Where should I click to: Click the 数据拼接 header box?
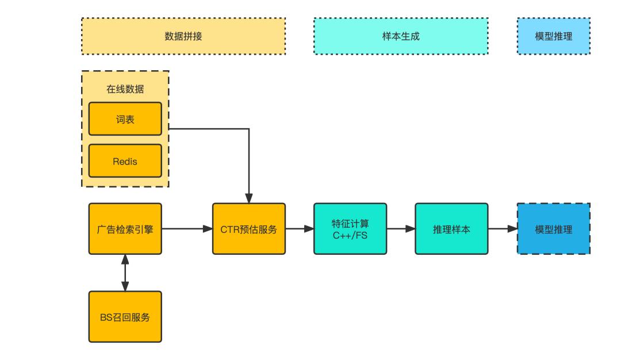coord(183,36)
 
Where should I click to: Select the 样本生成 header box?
coord(401,36)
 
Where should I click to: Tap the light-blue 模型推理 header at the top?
coord(553,36)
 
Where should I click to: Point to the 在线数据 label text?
coord(125,89)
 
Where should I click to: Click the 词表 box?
coord(125,118)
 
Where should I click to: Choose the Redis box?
coord(125,160)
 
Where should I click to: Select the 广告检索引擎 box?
coord(125,228)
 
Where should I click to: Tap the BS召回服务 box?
coord(125,316)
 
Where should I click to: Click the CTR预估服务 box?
coord(248,228)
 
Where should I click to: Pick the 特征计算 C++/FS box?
coord(350,228)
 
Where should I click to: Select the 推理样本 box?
coord(451,228)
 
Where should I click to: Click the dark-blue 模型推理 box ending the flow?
coord(553,228)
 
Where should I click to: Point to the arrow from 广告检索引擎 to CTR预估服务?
coord(187,228)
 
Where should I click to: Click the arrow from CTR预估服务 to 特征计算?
coord(299,228)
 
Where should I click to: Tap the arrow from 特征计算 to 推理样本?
coord(401,228)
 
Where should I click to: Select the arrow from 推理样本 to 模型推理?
coord(503,228)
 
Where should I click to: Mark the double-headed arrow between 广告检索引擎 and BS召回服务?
coord(125,272)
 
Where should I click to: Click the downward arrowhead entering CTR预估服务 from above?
coord(248,198)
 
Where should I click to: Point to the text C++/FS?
coord(350,235)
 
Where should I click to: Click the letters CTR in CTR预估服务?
coord(229,229)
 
